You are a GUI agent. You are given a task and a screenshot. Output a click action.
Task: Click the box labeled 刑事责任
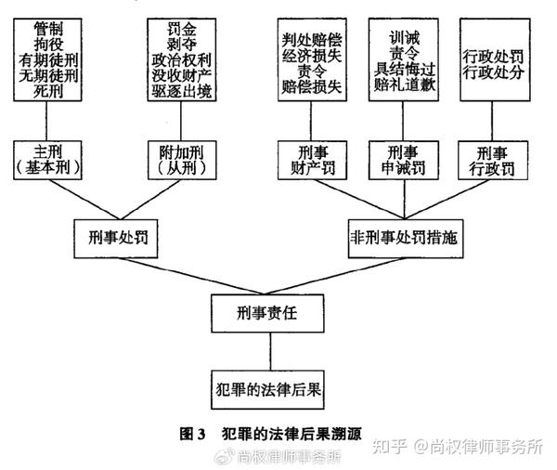pyautogui.click(x=267, y=313)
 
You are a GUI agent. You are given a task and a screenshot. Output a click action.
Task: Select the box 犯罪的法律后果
pyautogui.click(x=267, y=389)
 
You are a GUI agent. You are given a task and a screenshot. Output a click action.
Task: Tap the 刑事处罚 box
pyautogui.click(x=116, y=239)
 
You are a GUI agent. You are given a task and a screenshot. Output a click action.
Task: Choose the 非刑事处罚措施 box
pyautogui.click(x=406, y=239)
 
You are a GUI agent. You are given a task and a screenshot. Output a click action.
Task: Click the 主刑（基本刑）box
pyautogui.click(x=47, y=160)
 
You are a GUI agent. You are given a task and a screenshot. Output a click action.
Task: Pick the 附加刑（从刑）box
pyautogui.click(x=182, y=160)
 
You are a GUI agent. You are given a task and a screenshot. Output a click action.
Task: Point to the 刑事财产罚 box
pyautogui.click(x=312, y=160)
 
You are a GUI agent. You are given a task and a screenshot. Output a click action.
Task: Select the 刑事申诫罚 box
pyautogui.click(x=404, y=160)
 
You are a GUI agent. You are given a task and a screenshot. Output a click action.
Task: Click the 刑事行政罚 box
pyautogui.click(x=493, y=160)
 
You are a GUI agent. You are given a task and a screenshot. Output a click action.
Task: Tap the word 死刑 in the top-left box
pyautogui.click(x=48, y=92)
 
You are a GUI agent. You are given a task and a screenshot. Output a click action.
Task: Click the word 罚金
pyautogui.click(x=182, y=29)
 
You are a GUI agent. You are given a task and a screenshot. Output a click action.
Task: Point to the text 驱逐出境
pyautogui.click(x=182, y=91)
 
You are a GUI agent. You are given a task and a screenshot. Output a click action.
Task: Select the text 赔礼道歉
pyautogui.click(x=404, y=85)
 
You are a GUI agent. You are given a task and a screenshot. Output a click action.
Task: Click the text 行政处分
pyautogui.click(x=493, y=72)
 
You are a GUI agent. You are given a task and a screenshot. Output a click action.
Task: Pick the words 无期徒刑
pyautogui.click(x=48, y=76)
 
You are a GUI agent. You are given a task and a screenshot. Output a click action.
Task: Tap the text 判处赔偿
pyautogui.click(x=312, y=40)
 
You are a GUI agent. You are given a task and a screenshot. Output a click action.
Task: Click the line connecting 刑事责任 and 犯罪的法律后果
pyautogui.click(x=270, y=352)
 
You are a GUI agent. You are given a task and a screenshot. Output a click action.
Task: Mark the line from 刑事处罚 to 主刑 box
pyautogui.click(x=84, y=200)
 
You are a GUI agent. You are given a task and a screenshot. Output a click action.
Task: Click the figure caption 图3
pyautogui.click(x=192, y=434)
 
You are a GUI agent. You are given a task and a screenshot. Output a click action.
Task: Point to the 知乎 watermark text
pyautogui.click(x=389, y=446)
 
